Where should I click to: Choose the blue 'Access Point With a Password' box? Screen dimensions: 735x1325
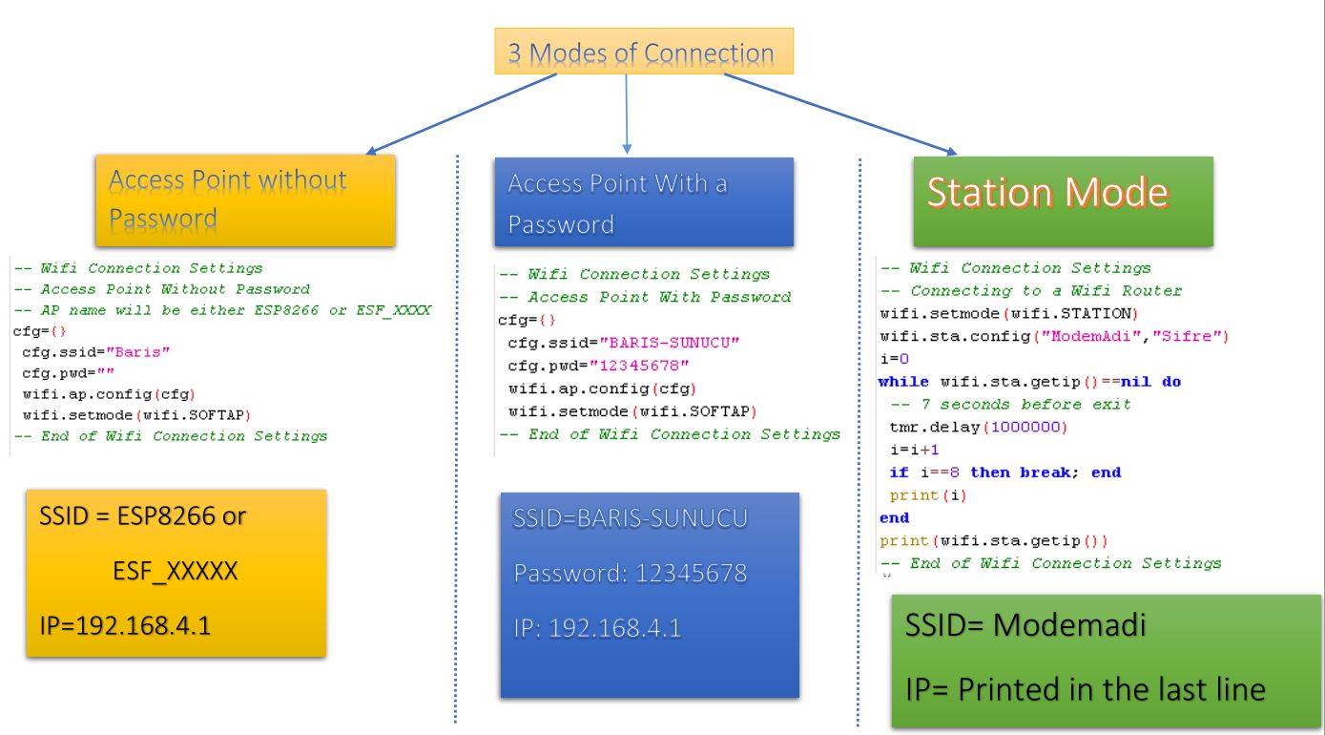coord(644,202)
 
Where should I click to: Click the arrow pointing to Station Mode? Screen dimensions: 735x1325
coord(839,115)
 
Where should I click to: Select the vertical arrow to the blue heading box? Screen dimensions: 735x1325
coord(627,115)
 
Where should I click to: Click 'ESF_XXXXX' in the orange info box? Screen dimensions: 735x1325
coord(176,572)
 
